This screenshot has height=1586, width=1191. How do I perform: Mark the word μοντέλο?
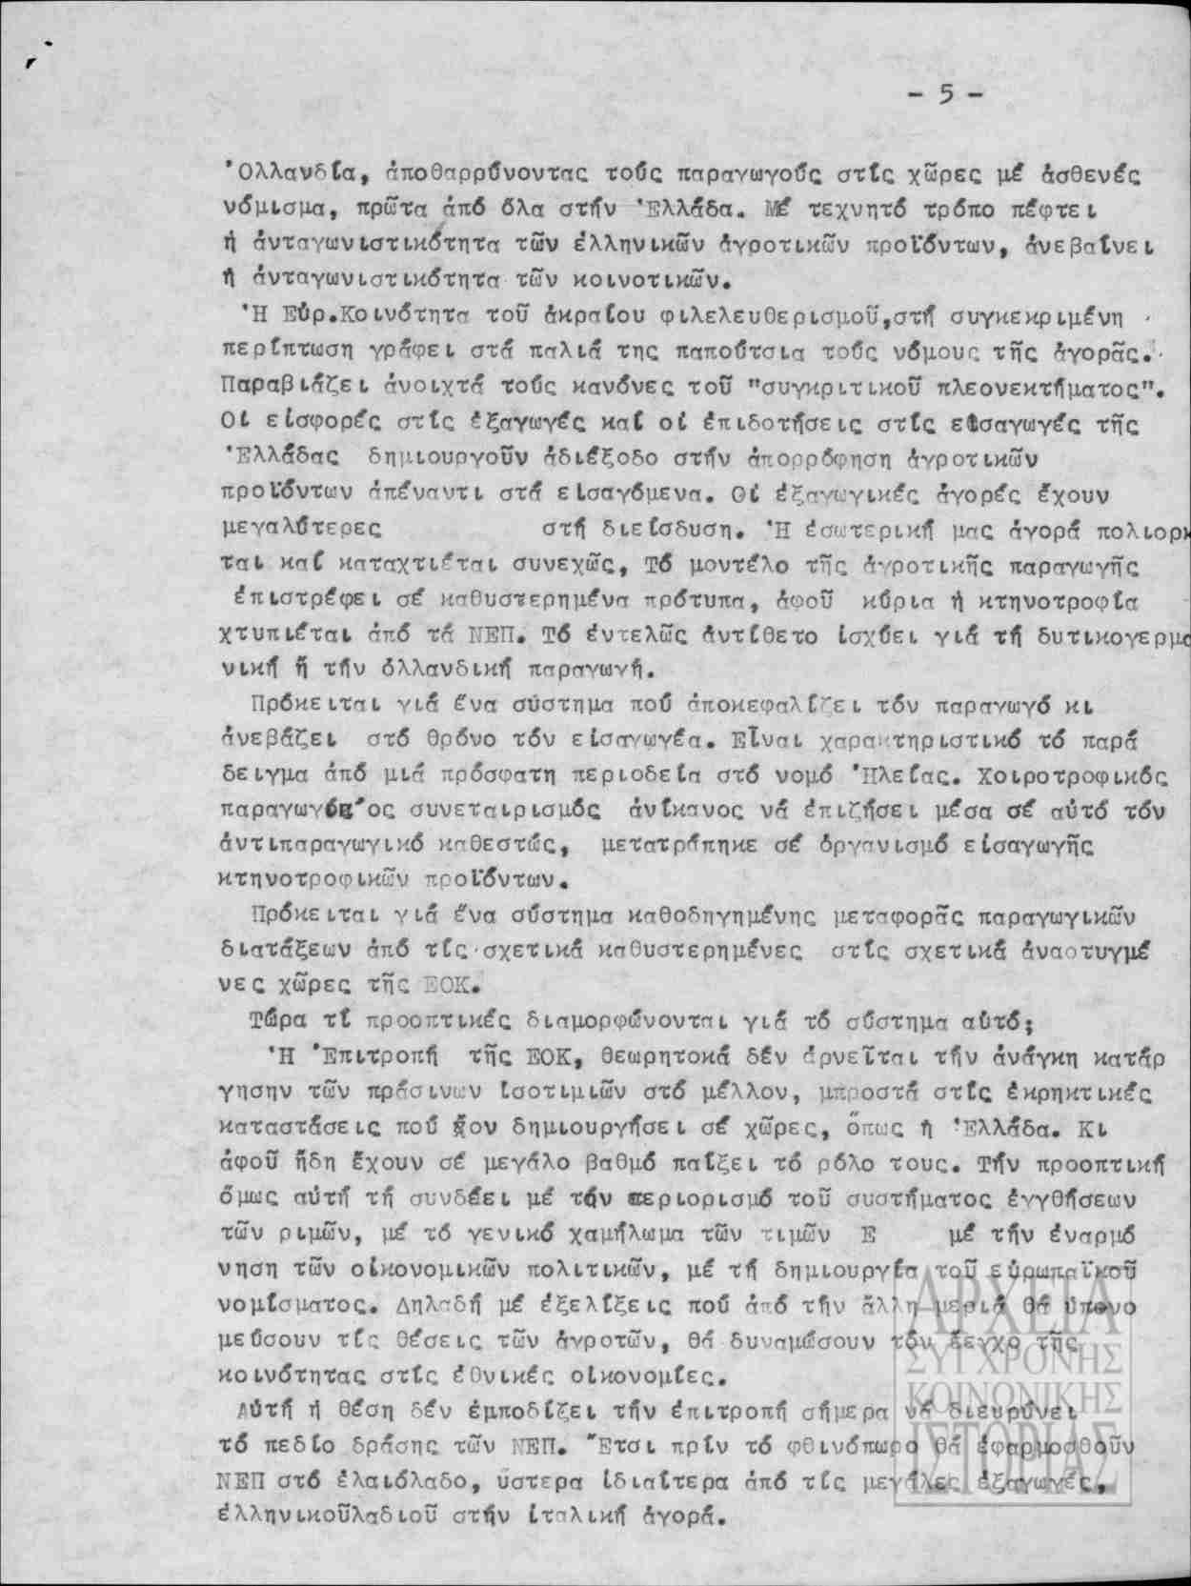714,564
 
